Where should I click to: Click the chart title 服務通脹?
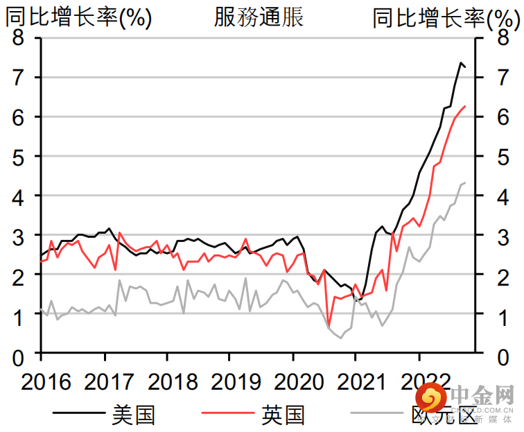[259, 17]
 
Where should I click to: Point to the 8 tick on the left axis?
[18, 38]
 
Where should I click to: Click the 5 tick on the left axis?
[18, 157]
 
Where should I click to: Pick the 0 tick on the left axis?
[18, 356]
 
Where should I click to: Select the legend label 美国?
[132, 415]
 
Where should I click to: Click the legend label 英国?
[283, 415]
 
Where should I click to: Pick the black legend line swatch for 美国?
[79, 415]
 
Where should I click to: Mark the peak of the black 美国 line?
[460, 62]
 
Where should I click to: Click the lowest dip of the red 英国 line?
[329, 325]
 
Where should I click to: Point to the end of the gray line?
[465, 182]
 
